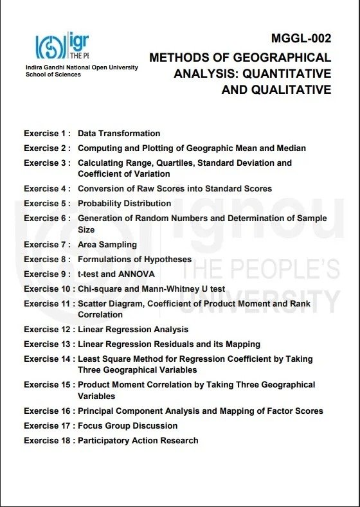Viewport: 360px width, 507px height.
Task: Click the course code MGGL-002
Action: point(300,38)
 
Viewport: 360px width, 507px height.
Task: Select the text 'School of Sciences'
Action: point(53,75)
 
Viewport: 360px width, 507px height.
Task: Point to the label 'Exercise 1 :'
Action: point(47,134)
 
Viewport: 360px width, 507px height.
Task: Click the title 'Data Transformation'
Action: point(119,134)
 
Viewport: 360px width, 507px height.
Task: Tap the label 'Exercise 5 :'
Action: point(47,204)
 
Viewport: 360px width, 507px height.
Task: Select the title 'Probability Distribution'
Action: point(124,204)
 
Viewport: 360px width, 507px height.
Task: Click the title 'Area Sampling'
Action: point(107,245)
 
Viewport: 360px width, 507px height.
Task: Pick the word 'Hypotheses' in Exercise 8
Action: point(168,260)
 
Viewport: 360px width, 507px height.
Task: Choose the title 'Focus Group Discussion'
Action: point(127,426)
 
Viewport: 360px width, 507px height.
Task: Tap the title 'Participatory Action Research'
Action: point(138,441)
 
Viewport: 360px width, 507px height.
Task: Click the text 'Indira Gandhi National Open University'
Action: point(81,67)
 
